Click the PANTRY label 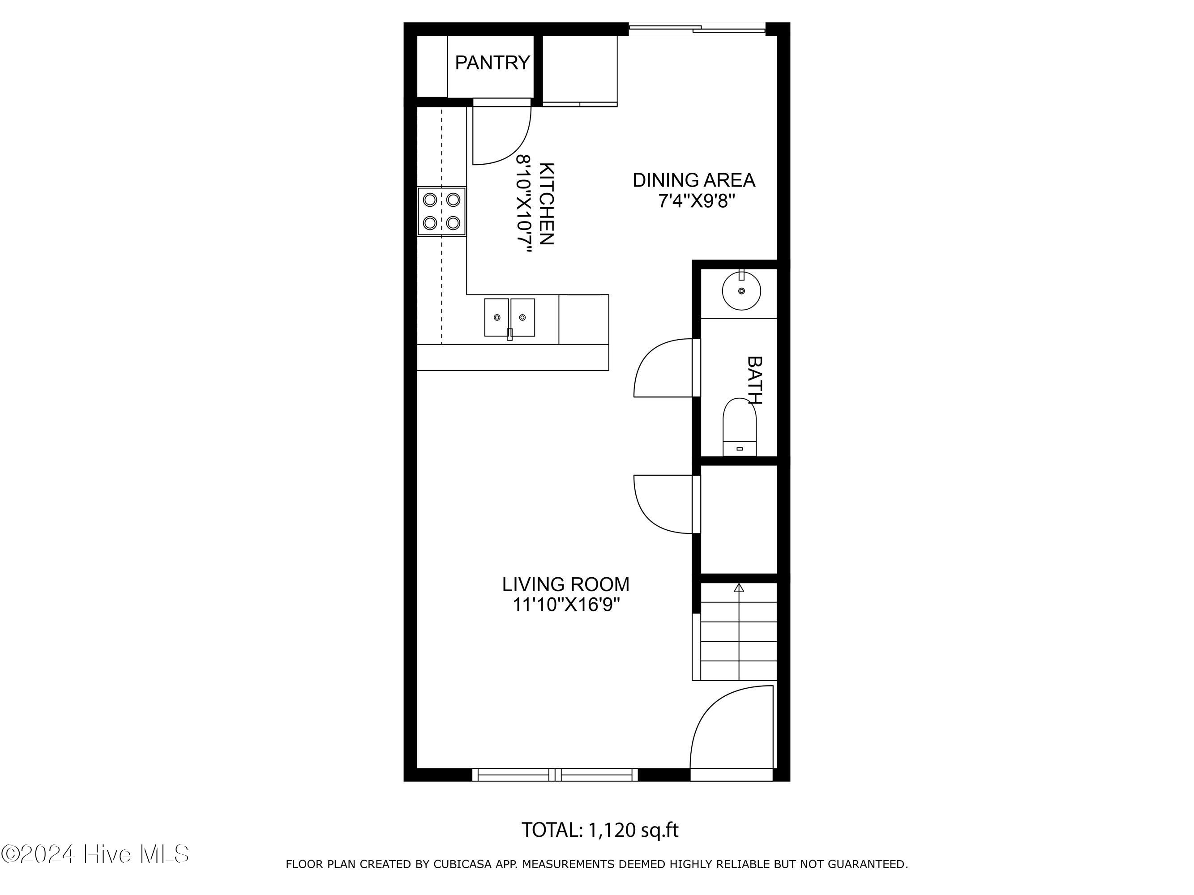pyautogui.click(x=492, y=63)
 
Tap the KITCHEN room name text pyautogui.click(x=546, y=204)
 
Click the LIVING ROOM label pyautogui.click(x=566, y=584)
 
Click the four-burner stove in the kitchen pyautogui.click(x=441, y=212)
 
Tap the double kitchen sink pyautogui.click(x=509, y=318)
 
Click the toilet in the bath pyautogui.click(x=740, y=427)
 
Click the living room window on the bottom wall pyautogui.click(x=555, y=775)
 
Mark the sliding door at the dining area pyautogui.click(x=698, y=29)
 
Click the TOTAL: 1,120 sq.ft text pyautogui.click(x=600, y=830)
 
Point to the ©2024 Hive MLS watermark pyautogui.click(x=95, y=854)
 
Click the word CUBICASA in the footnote pyautogui.click(x=462, y=864)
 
